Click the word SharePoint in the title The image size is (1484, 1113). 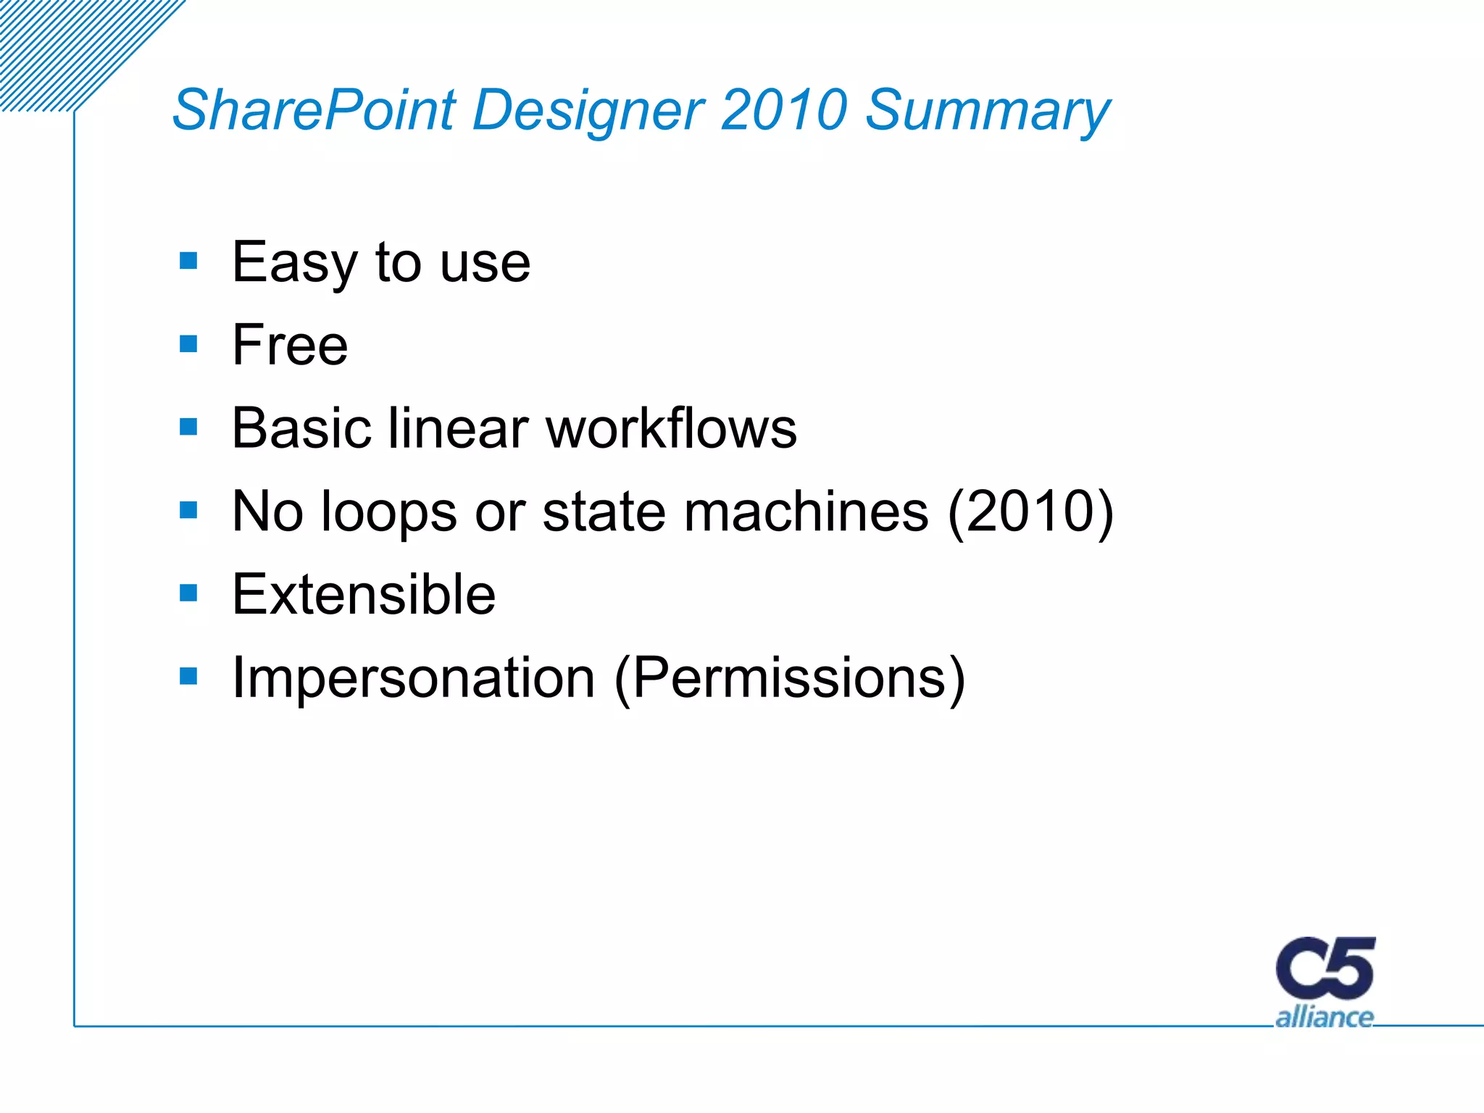click(314, 110)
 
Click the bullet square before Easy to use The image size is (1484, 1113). click(188, 260)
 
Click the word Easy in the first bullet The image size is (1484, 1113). click(294, 262)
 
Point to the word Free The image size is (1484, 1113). click(290, 345)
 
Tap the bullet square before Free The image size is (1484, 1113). click(188, 343)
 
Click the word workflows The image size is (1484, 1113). click(671, 428)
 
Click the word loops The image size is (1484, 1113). click(388, 512)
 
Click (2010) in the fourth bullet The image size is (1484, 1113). click(1030, 512)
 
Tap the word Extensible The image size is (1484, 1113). click(364, 595)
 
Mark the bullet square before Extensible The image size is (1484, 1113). click(188, 593)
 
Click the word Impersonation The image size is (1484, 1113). click(413, 678)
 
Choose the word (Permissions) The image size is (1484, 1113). click(789, 678)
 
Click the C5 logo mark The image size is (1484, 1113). click(1325, 969)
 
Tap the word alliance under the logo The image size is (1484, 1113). click(1324, 1017)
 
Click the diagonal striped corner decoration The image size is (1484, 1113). click(65, 43)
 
